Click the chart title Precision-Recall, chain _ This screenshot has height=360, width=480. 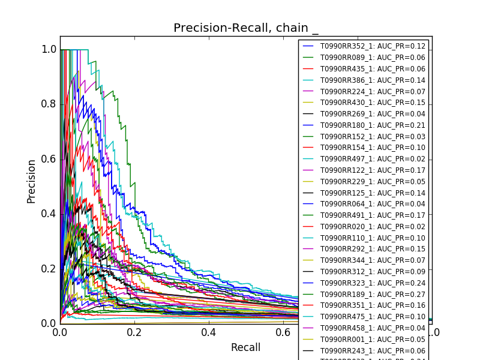point(246,28)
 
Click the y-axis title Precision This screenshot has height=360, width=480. point(32,181)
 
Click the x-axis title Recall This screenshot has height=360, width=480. point(245,347)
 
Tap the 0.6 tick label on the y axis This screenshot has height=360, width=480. point(49,159)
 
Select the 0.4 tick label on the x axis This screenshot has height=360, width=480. point(208,332)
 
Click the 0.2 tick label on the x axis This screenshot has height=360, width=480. point(134,332)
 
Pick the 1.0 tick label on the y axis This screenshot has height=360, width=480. point(49,49)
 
